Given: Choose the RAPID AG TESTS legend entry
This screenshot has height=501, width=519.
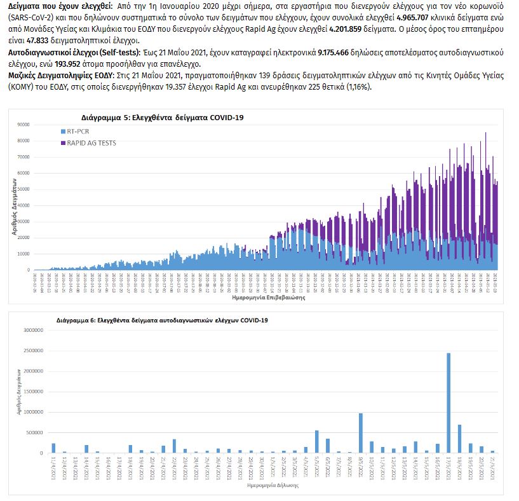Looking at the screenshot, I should [90, 143].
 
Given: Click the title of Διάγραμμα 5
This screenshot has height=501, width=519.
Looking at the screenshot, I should [162, 118].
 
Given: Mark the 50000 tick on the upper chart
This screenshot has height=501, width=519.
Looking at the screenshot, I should [24, 189].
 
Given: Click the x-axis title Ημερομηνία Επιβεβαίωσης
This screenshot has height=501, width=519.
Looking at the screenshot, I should [265, 297].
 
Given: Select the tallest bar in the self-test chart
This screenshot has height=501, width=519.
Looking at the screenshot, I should [448, 403].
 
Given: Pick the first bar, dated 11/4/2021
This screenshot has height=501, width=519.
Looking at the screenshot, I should [53, 448].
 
